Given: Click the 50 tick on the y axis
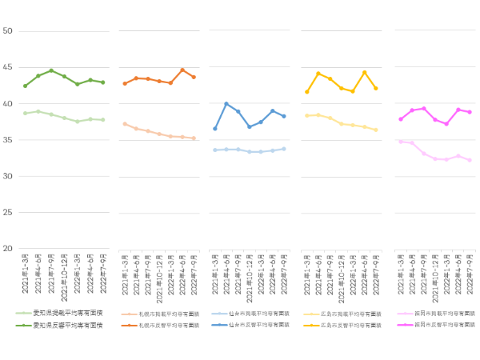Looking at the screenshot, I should [x=7, y=31].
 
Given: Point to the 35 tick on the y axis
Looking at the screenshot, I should [x=7, y=140].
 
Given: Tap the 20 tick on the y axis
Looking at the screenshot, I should [x=7, y=249].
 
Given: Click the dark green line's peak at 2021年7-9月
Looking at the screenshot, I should [x=51, y=70].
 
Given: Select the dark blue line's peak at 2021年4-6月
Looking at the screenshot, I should [x=226, y=104].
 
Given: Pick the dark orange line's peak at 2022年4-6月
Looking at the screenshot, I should [x=182, y=70].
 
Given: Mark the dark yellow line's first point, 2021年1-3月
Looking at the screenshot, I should [x=307, y=92].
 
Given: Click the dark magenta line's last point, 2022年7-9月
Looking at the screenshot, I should [x=470, y=112].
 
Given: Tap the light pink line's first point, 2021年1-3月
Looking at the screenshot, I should [x=401, y=142].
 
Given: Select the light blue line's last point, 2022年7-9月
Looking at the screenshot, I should [x=284, y=149].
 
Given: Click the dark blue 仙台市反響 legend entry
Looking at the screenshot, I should [x=255, y=326].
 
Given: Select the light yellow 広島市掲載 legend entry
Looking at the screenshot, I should [x=346, y=314].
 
